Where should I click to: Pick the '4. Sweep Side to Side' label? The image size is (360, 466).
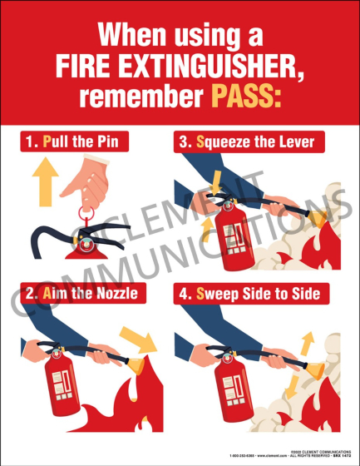point(255,293)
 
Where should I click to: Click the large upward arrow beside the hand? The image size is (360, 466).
point(46,184)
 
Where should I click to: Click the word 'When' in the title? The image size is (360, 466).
point(130,36)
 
